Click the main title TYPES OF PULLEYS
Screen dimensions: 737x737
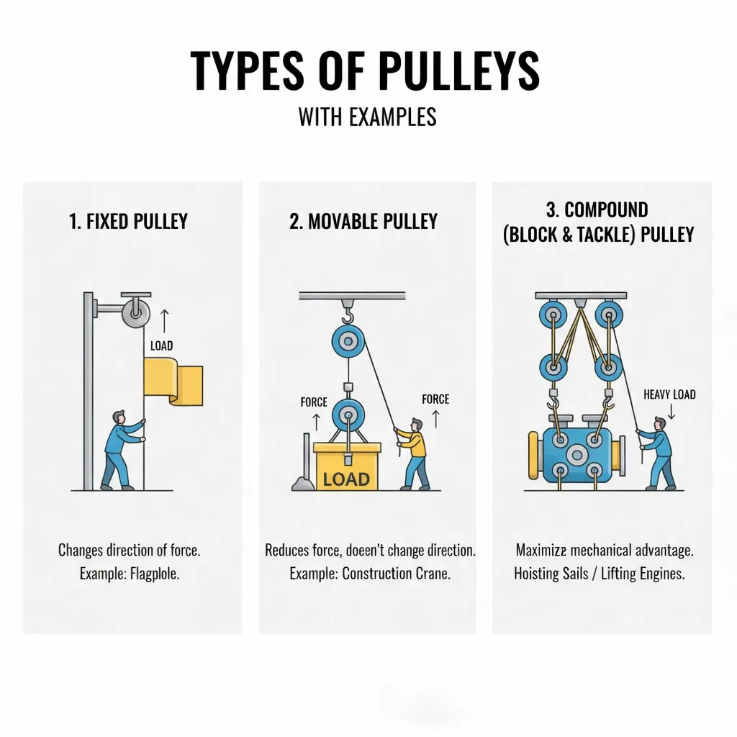(x=365, y=71)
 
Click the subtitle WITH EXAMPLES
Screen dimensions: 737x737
(x=367, y=117)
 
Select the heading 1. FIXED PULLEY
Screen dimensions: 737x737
(x=128, y=222)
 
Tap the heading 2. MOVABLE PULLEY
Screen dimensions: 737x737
(x=363, y=222)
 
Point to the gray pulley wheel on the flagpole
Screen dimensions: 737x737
(x=135, y=312)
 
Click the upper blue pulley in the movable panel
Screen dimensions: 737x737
(x=348, y=340)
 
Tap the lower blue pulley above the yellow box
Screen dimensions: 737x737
(x=348, y=415)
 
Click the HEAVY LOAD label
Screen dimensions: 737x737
(x=669, y=394)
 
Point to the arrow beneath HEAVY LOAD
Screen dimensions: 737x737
(x=670, y=412)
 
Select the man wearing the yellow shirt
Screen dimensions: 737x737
(x=414, y=453)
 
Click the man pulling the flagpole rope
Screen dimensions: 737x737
(x=119, y=450)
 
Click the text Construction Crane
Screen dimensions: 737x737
(x=396, y=574)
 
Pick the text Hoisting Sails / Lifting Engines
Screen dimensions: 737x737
(x=599, y=574)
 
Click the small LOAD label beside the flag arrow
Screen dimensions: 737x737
(x=161, y=345)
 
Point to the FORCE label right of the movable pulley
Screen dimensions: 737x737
(x=435, y=399)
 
